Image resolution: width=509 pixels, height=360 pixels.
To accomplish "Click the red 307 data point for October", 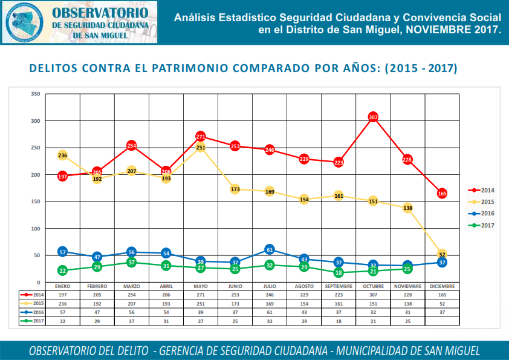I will point(373,117).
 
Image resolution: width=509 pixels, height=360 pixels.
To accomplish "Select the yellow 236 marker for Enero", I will point(62,155).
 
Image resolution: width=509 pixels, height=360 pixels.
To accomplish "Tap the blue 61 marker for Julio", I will point(270,249).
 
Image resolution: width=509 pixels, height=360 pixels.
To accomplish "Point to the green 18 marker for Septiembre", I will point(339,273).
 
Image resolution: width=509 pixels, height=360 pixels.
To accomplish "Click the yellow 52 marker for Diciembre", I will point(442,255).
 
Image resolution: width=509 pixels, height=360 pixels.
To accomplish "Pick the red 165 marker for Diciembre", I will point(442,194).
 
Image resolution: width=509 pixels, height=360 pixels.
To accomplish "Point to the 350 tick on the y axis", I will point(35,94).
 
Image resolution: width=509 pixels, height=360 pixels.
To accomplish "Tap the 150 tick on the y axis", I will point(35,201).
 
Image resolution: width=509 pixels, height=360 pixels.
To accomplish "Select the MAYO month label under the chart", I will point(201,286).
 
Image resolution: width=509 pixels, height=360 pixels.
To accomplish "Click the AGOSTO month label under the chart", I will point(304,286).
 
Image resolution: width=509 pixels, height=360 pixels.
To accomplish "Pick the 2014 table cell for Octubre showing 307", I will point(373,293).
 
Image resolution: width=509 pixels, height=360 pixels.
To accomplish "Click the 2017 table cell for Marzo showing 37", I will point(132,321).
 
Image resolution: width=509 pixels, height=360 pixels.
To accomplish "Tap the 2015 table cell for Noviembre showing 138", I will point(407,303).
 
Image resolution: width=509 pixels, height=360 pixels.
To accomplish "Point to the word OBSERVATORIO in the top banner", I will point(99,13).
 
